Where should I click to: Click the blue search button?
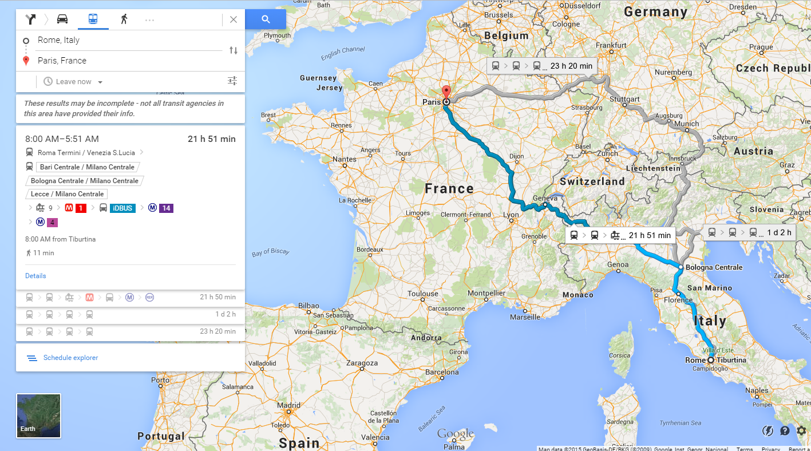tap(266, 19)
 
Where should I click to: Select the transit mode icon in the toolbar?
tap(93, 19)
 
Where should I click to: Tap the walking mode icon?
tap(124, 19)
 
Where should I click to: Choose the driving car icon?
tap(62, 19)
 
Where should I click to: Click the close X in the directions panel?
tap(234, 19)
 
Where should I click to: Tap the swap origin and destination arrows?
tap(234, 50)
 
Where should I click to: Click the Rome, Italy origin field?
tap(126, 40)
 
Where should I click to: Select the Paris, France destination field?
tap(126, 61)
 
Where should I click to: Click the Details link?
tap(35, 276)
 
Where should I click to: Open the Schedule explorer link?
tap(70, 358)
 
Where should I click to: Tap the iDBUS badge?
tap(122, 208)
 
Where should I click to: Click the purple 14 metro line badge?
tap(166, 208)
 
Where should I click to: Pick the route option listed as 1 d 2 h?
tap(130, 314)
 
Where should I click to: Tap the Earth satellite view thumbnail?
tap(38, 416)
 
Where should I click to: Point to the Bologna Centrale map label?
tap(714, 267)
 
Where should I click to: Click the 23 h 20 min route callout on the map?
tap(541, 66)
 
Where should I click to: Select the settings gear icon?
tap(801, 431)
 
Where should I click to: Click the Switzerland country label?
tap(592, 181)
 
